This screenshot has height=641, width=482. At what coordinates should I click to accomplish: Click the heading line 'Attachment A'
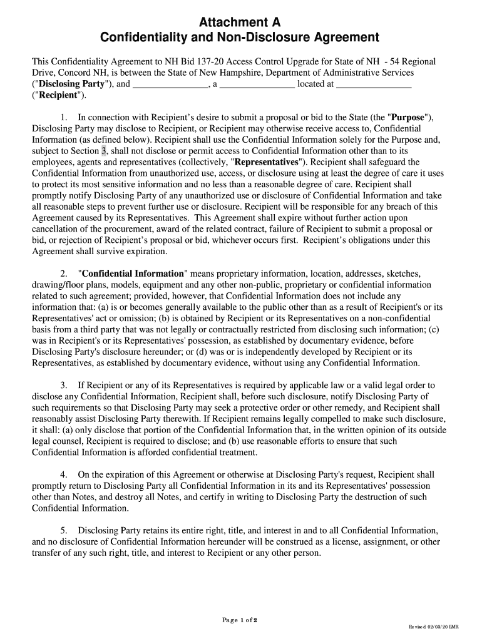241,23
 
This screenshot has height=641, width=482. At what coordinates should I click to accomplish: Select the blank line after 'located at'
374,85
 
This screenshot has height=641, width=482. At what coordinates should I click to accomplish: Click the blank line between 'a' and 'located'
256,85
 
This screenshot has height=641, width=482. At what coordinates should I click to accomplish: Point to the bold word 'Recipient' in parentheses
56,95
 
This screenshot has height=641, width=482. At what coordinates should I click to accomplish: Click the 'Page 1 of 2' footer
240,620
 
